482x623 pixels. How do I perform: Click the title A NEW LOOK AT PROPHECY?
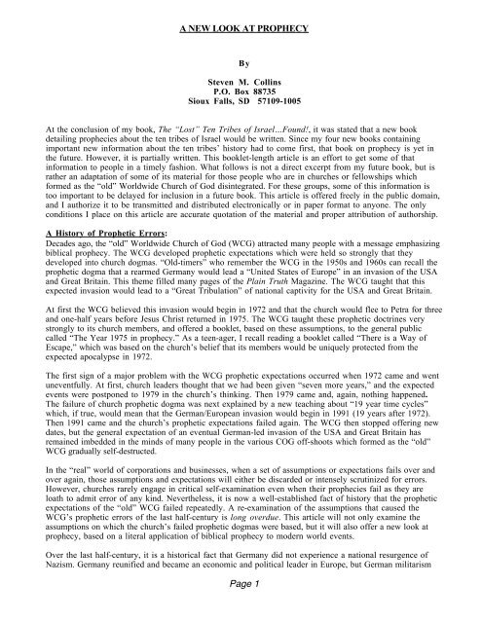coord(241,30)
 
